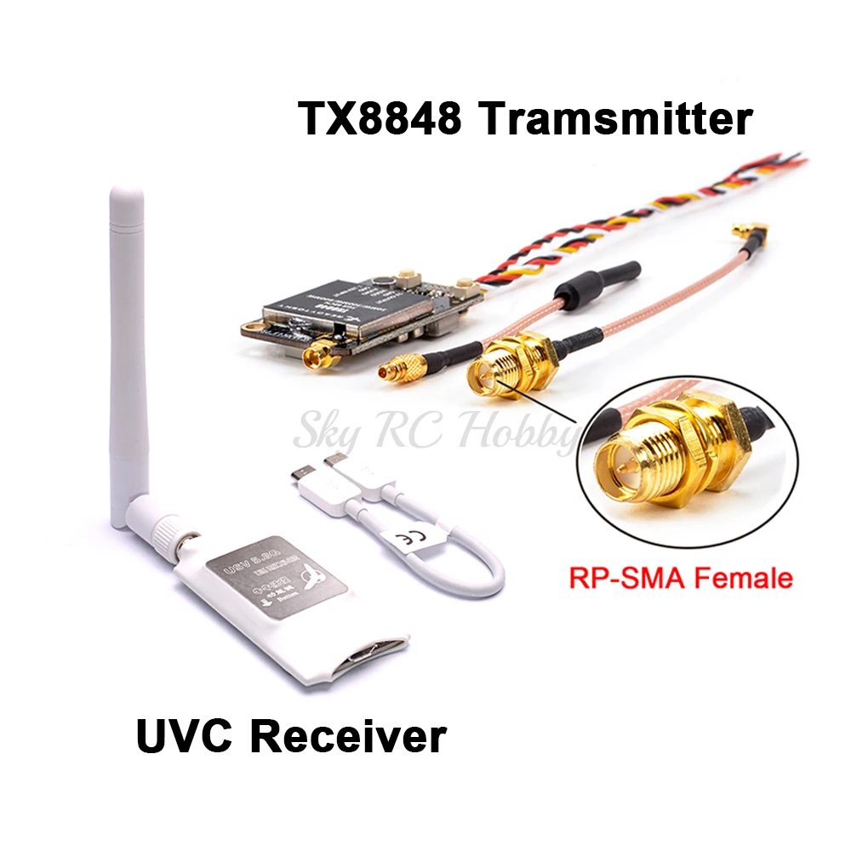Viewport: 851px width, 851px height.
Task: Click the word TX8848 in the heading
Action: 380,118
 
